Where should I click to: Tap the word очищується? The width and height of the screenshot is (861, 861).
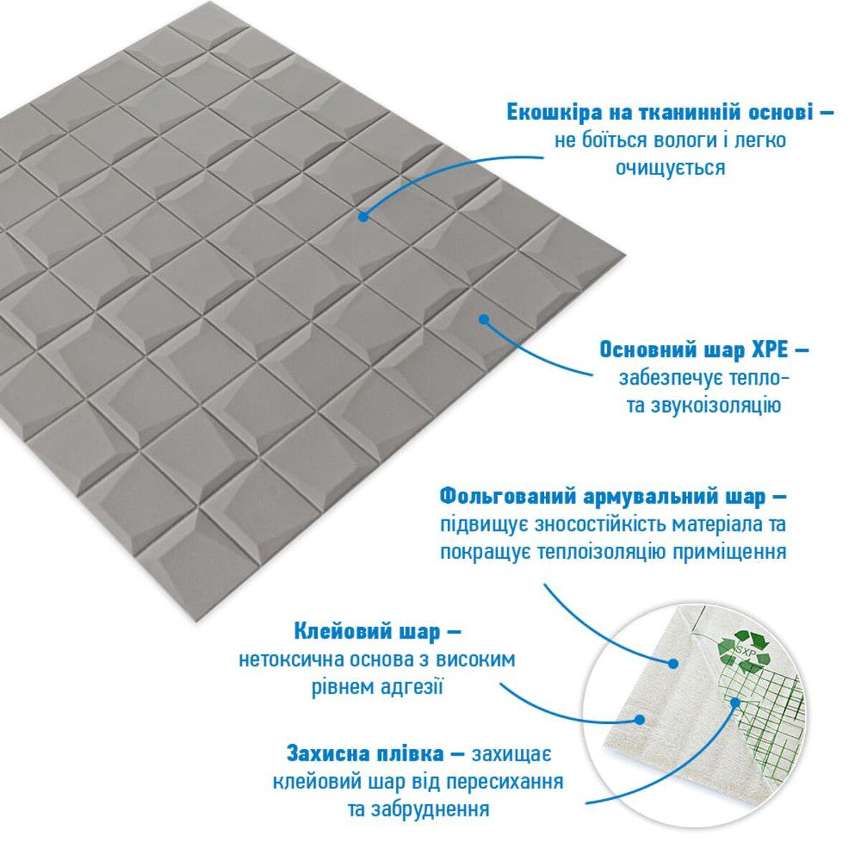point(670,168)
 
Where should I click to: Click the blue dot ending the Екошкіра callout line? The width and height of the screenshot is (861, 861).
point(364,217)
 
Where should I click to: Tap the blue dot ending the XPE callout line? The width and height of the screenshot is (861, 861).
point(484,319)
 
